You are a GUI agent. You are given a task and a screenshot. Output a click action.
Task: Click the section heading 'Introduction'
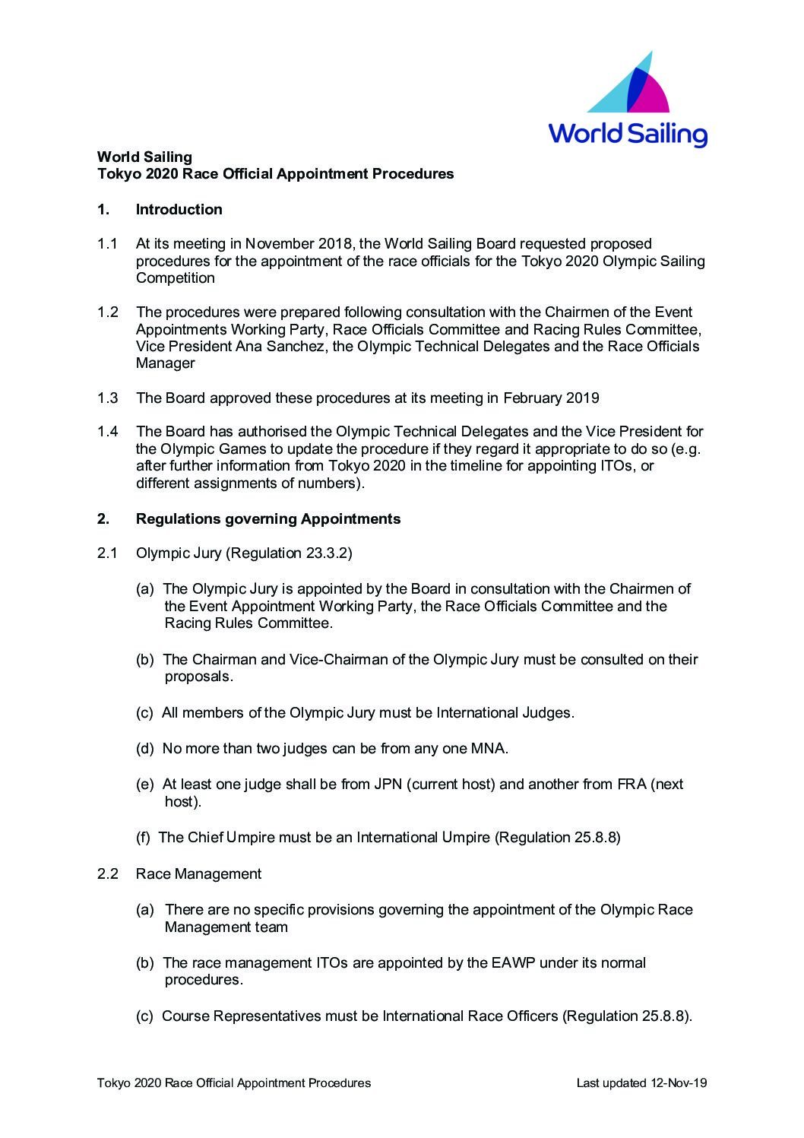[x=179, y=210]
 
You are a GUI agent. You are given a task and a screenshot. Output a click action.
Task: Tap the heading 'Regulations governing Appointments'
[x=267, y=519]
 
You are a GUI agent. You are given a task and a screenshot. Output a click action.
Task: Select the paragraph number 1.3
[x=107, y=398]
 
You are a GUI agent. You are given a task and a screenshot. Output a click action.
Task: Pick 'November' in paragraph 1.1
[x=282, y=244]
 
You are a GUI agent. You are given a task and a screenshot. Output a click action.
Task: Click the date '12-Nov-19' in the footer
[x=677, y=1083]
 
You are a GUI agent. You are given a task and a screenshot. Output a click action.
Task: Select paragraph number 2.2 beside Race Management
[x=107, y=874]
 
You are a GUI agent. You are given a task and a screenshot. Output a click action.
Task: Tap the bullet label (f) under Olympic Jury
[x=144, y=838]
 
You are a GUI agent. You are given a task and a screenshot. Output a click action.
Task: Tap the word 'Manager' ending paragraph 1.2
[x=165, y=363]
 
